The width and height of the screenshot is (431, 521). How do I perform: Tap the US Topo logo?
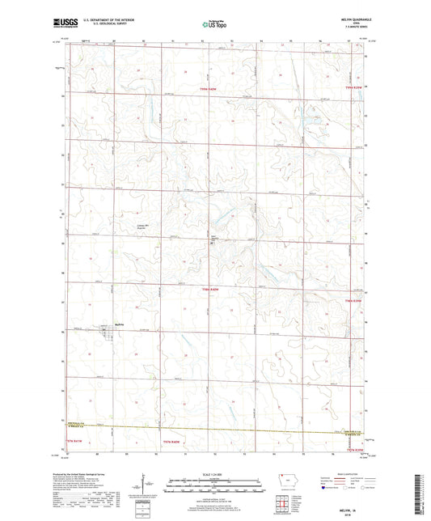point(214,25)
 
